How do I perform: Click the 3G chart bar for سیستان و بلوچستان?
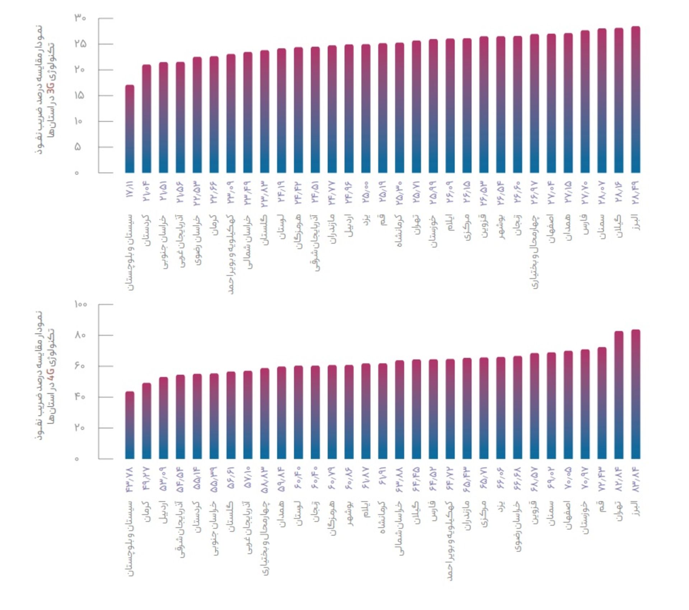(x=130, y=129)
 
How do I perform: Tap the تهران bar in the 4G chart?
(x=619, y=395)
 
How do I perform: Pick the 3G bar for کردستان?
(x=146, y=119)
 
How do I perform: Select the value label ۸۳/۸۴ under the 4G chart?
(x=636, y=479)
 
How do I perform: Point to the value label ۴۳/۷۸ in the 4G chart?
(x=130, y=479)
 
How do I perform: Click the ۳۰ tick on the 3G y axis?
(x=80, y=18)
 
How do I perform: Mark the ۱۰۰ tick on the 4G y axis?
(x=80, y=304)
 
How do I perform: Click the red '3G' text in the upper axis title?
(x=51, y=87)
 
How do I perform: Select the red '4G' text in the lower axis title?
(x=51, y=374)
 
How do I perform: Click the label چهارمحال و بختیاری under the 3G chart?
(x=535, y=251)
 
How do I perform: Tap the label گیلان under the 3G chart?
(x=619, y=226)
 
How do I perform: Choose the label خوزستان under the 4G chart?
(x=585, y=517)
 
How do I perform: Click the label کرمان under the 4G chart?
(x=146, y=512)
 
